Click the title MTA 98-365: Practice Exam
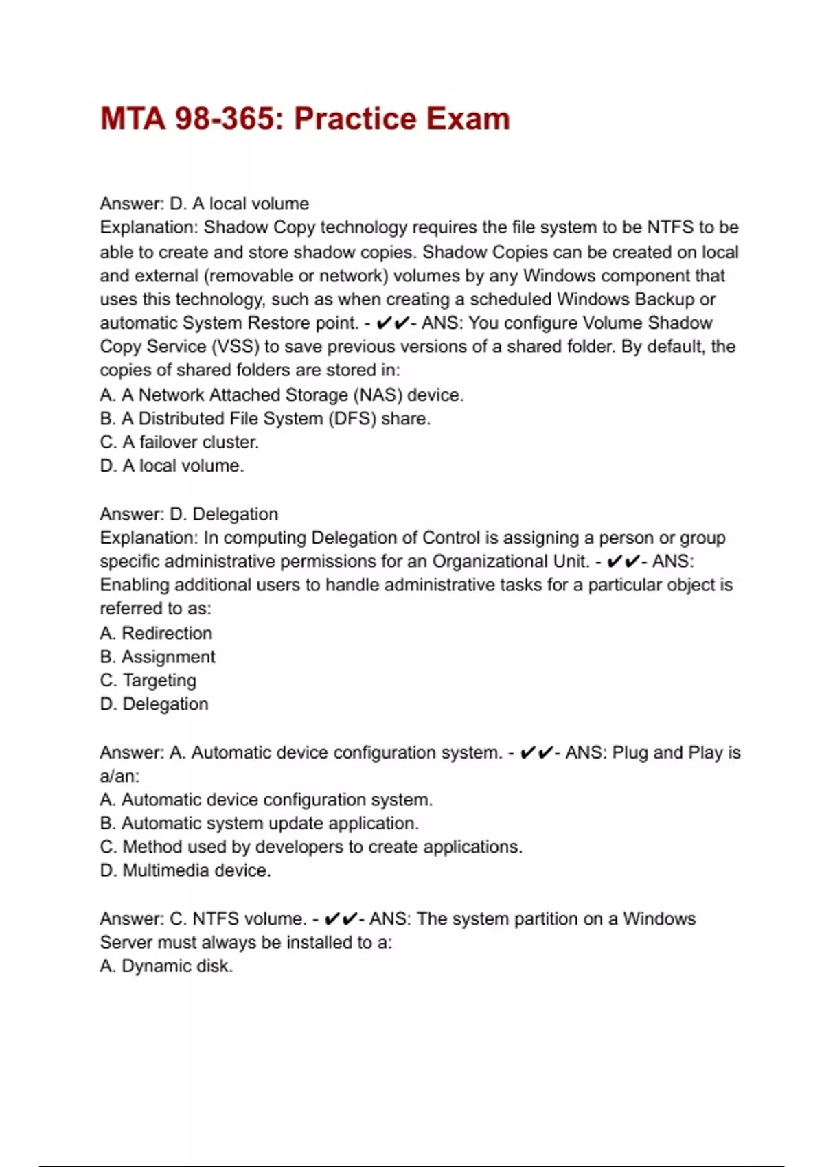305,119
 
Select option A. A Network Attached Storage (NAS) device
282,395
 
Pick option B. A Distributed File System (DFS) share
265,419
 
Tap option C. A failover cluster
179,442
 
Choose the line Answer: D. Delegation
189,514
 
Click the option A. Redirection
156,633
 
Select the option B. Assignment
157,657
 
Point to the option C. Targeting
148,680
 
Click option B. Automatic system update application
259,823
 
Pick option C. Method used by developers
311,847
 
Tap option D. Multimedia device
185,870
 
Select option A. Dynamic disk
166,966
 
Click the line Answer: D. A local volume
204,204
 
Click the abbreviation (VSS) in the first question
235,347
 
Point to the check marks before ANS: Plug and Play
537,753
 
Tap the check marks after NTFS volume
341,919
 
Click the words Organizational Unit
510,562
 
